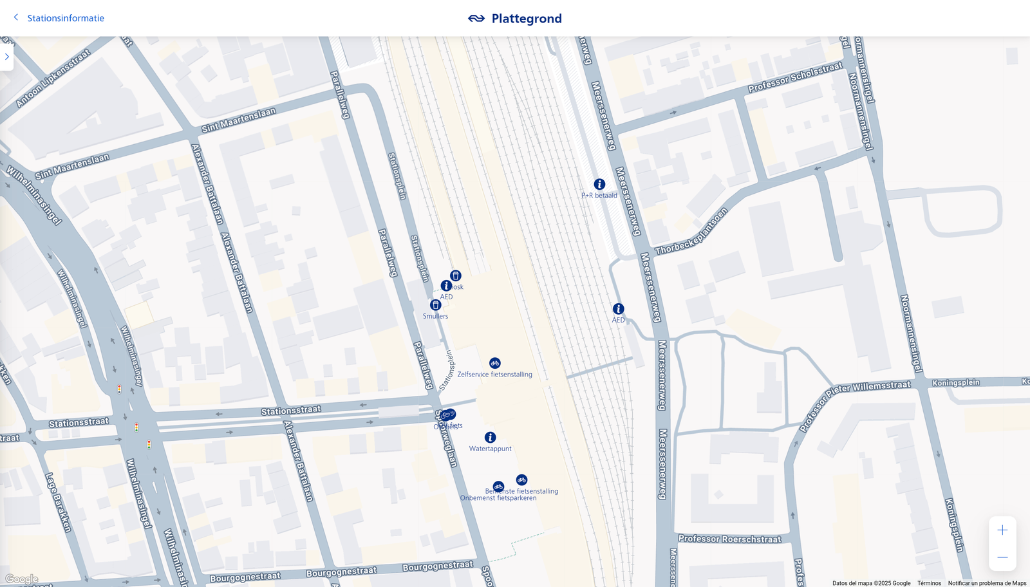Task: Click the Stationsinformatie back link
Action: coord(65,18)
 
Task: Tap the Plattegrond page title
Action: coord(527,19)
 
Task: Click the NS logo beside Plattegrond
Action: coord(476,19)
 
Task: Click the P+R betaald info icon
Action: coord(599,184)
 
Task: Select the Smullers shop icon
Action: coord(436,305)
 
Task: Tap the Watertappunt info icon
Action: coord(490,438)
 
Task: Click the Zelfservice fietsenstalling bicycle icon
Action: coord(494,363)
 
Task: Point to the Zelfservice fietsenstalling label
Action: coord(494,375)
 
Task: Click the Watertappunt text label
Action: coord(490,449)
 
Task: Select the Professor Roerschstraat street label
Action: coord(729,539)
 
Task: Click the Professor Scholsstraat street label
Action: coord(795,77)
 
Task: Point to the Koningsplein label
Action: coord(956,383)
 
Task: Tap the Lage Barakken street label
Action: coord(58,502)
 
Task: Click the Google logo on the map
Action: coord(22,579)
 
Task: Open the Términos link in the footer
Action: coord(929,583)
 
